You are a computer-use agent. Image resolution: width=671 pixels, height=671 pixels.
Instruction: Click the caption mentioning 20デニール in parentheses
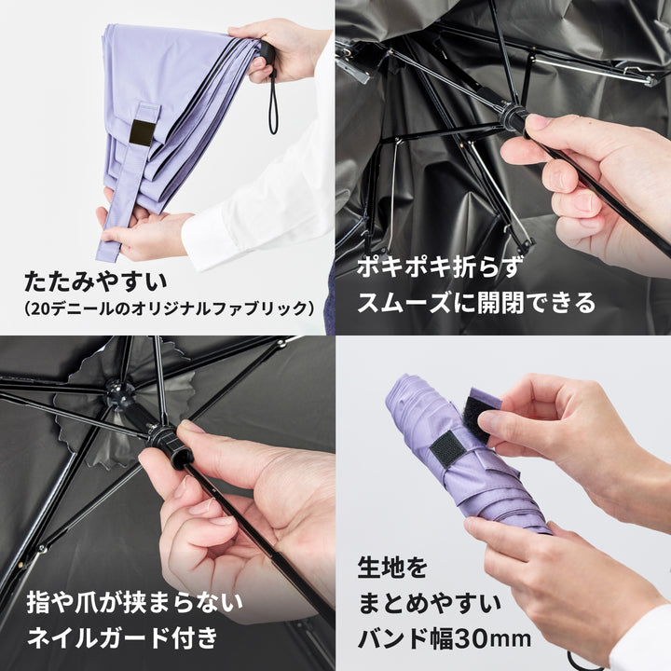coord(168,307)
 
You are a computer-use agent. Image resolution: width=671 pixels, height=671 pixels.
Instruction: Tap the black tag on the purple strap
coord(142,132)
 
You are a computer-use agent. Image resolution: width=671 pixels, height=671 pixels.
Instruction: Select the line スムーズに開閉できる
coord(476,301)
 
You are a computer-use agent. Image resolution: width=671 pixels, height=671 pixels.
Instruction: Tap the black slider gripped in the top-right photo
coord(511,118)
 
